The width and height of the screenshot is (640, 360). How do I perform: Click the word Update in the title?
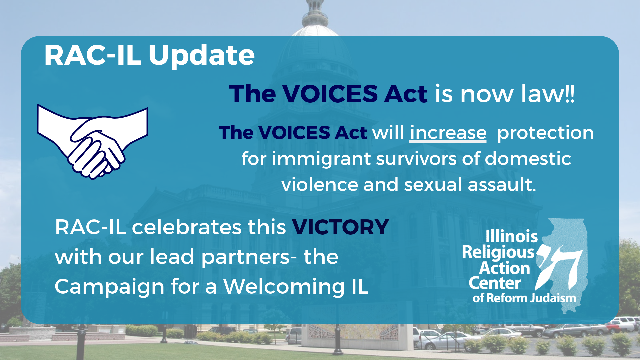(202, 56)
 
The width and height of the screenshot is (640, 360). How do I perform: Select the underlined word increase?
(448, 133)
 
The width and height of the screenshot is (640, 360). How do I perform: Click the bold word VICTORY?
(340, 227)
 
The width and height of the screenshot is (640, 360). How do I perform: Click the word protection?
(545, 133)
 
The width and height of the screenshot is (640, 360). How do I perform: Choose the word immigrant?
(321, 159)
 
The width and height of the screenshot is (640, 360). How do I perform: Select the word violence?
(319, 184)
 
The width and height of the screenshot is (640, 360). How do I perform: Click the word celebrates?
(187, 227)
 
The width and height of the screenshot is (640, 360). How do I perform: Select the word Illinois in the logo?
(512, 236)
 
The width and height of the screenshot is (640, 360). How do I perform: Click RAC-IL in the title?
(93, 55)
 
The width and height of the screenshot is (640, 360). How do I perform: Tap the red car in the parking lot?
(614, 327)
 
